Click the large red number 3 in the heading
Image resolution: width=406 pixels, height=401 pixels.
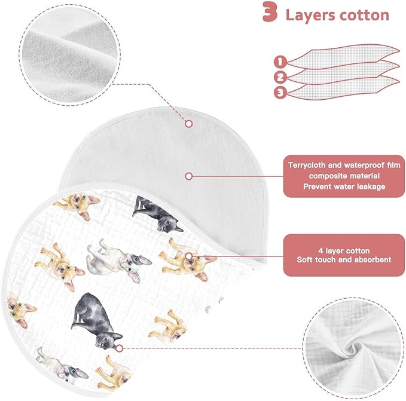pos(270,12)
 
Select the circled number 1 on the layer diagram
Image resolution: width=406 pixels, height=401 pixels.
pos(280,62)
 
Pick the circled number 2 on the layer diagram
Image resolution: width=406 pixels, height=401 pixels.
pos(280,77)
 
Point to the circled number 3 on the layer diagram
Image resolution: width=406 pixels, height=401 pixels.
pos(280,93)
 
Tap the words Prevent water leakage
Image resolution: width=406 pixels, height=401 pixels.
pos(344,186)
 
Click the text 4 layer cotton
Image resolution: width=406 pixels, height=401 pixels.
pos(344,250)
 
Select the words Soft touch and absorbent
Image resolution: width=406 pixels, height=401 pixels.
pos(344,259)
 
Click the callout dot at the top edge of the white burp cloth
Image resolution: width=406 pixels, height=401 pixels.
pos(189,124)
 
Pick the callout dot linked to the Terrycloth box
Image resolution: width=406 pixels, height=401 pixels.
pos(189,176)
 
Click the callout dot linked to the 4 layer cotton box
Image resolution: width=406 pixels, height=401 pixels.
pos(189,256)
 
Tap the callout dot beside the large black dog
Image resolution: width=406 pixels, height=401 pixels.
pos(119,348)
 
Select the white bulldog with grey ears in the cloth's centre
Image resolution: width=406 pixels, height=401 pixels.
pos(118,260)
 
